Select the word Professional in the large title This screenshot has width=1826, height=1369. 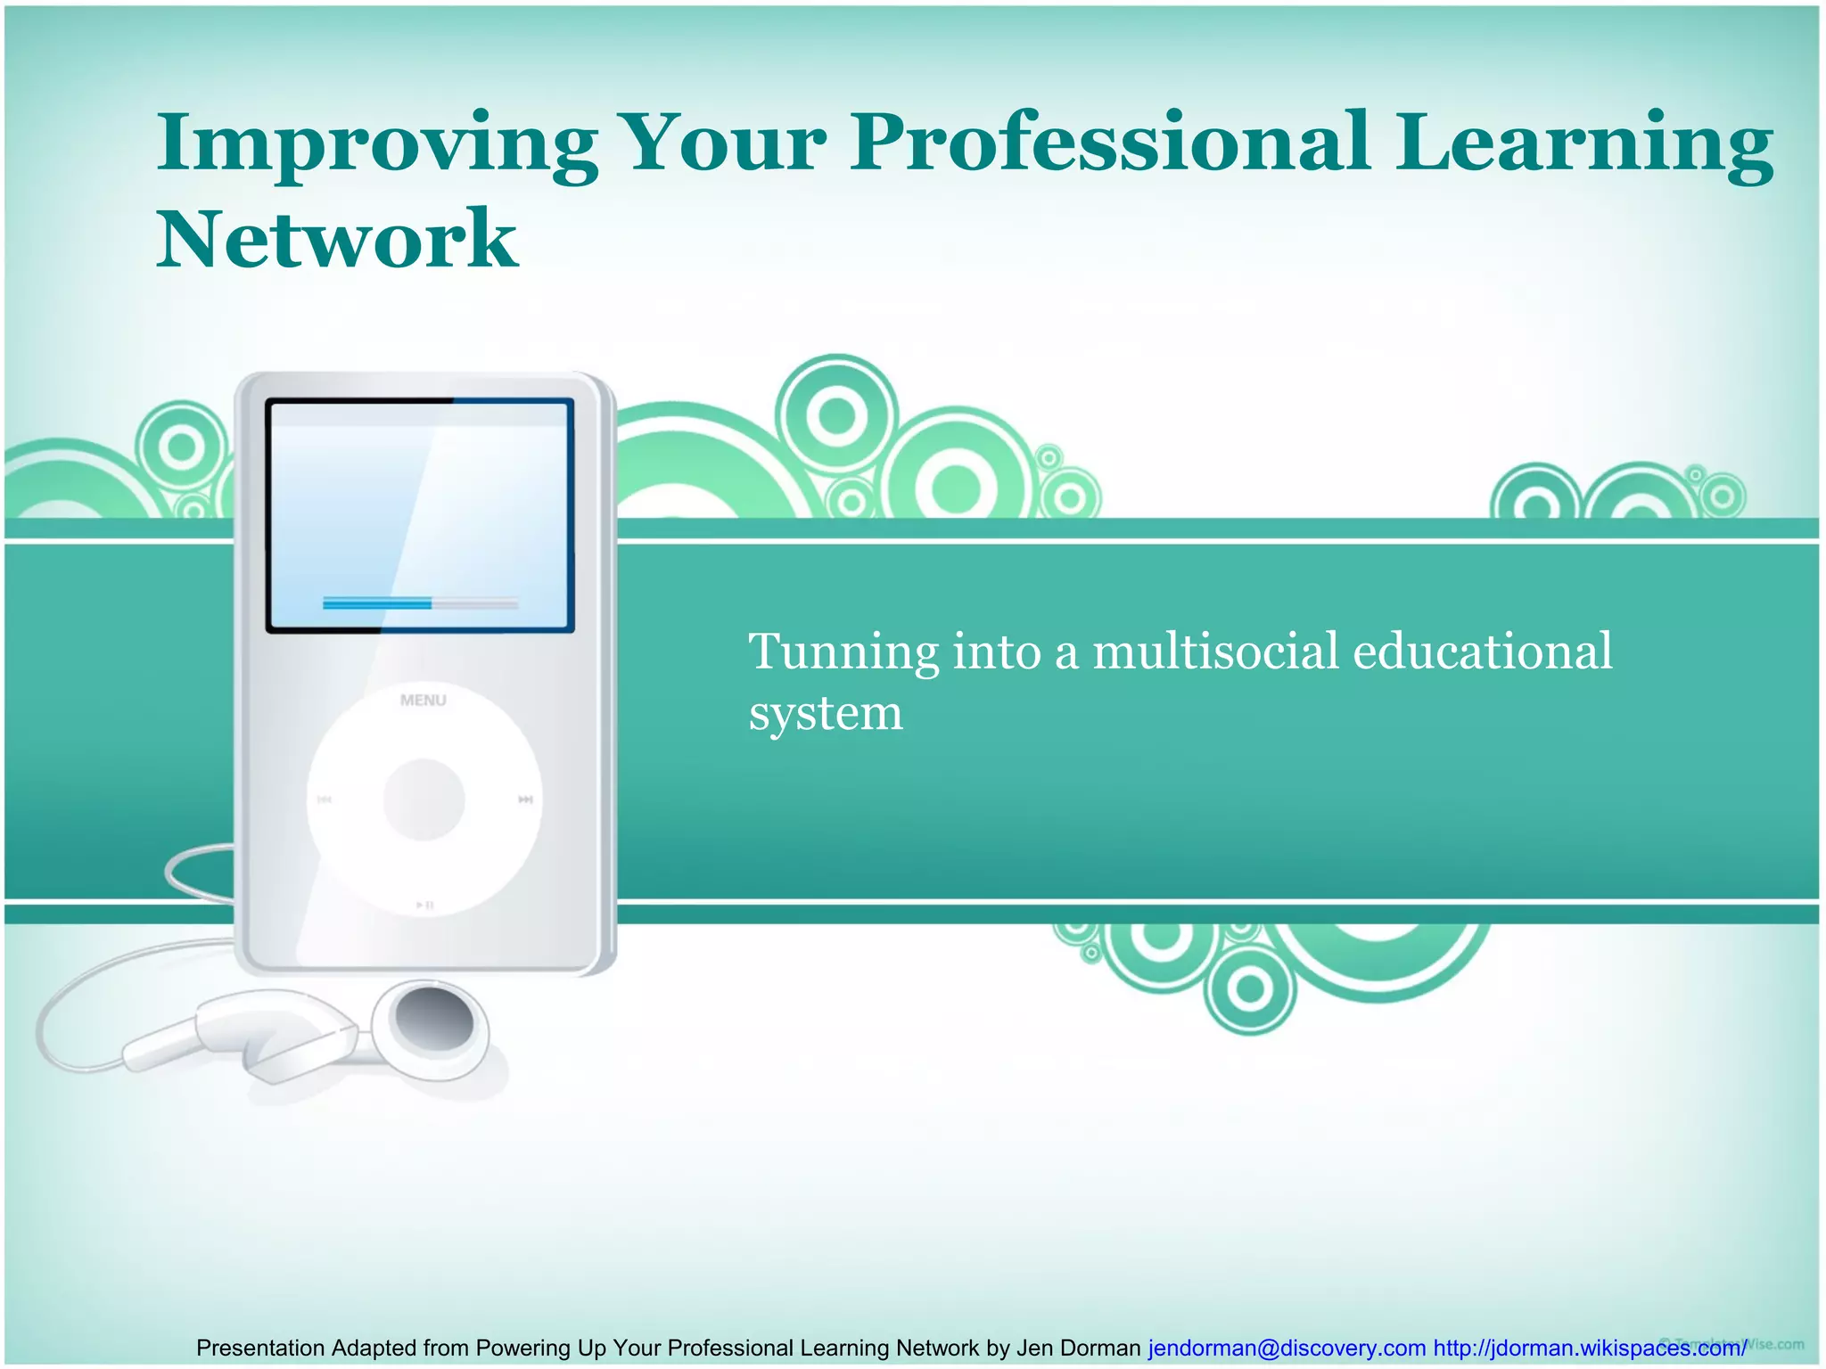1109,143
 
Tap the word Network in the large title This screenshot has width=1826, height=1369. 337,238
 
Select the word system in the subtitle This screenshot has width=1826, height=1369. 826,713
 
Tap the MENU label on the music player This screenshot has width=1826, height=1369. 423,701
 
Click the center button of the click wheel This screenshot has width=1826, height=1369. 424,799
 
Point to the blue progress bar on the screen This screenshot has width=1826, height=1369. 377,603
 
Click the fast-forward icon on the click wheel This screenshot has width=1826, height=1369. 526,799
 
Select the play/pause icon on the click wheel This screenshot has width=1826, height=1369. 425,906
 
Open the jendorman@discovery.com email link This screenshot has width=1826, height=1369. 1286,1348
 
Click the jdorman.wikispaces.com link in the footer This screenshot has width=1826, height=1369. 1589,1348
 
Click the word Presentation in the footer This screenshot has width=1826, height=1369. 259,1348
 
